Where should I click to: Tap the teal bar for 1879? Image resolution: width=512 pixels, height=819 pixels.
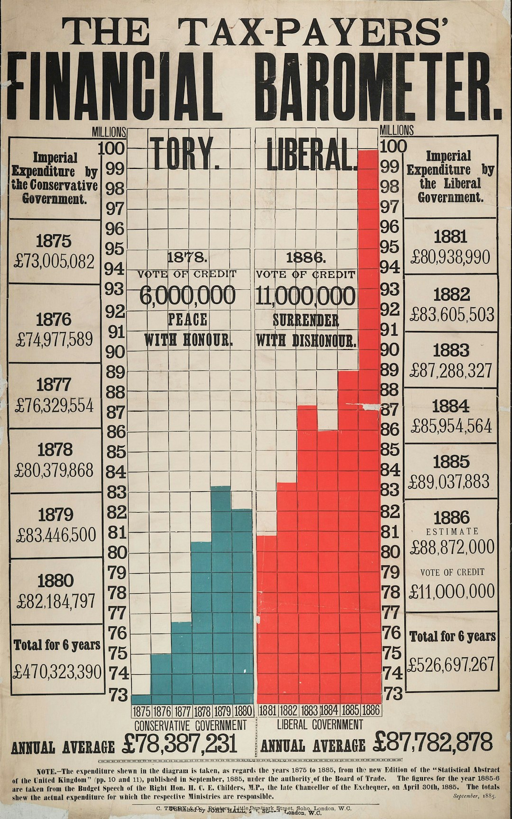click(x=221, y=593)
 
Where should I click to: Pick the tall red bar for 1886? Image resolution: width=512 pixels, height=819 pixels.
click(x=369, y=427)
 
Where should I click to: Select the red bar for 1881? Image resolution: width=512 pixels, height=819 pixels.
click(x=266, y=617)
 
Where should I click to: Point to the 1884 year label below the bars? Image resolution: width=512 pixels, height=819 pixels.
click(x=329, y=710)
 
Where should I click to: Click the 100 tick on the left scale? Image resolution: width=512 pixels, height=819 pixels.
click(x=112, y=149)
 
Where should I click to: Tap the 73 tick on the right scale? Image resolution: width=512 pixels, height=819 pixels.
click(x=393, y=694)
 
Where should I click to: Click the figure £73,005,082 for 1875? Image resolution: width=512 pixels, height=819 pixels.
click(x=55, y=261)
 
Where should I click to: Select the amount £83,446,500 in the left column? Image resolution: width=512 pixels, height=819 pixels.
click(x=56, y=535)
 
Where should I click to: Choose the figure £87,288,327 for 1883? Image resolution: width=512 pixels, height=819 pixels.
click(x=451, y=371)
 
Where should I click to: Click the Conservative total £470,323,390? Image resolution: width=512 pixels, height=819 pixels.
click(x=57, y=672)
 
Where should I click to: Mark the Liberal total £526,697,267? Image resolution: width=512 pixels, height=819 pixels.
click(x=451, y=664)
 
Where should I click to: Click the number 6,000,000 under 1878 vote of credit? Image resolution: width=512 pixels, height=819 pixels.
click(x=187, y=296)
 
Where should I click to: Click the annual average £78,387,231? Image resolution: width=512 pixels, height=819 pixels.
click(x=180, y=744)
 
